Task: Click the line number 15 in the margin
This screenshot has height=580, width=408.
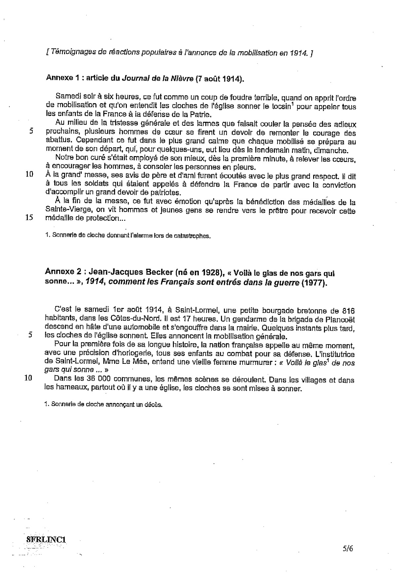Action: pos(29,218)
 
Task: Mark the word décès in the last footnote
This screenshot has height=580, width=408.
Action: pos(154,405)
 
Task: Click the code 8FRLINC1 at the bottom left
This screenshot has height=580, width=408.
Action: pos(46,539)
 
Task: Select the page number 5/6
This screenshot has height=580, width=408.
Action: pos(348,549)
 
